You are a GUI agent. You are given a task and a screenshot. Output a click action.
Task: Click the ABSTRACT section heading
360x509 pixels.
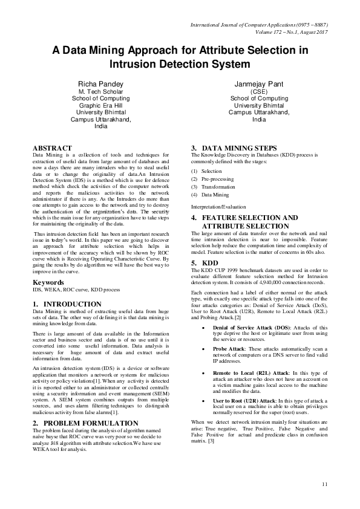click(x=52, y=148)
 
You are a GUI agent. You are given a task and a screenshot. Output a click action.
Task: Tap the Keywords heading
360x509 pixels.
click(x=49, y=283)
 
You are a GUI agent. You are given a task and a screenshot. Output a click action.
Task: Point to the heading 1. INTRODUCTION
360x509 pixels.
click(x=67, y=304)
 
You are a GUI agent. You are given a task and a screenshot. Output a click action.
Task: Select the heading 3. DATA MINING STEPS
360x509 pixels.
click(x=235, y=148)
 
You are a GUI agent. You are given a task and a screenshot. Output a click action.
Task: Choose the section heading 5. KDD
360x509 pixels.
click(x=205, y=264)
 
